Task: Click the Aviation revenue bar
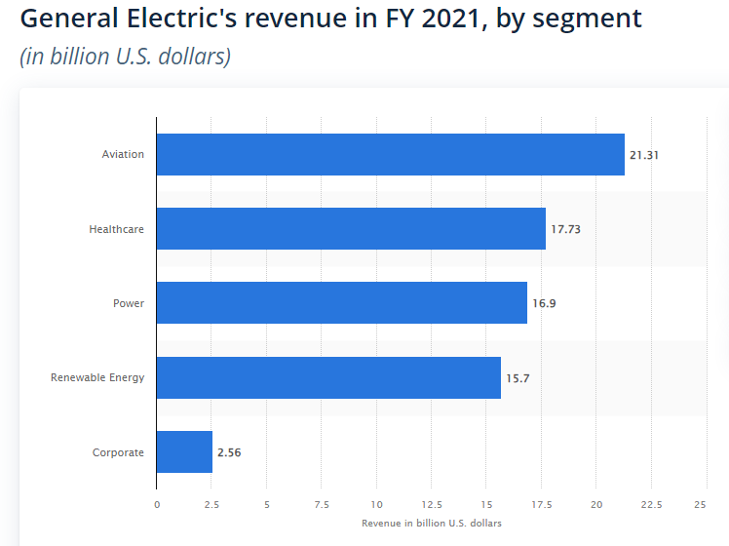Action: (390, 154)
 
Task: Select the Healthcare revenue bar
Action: (351, 229)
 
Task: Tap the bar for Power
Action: (341, 303)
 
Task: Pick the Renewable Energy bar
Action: (328, 377)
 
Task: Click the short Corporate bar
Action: (184, 451)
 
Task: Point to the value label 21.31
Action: (645, 155)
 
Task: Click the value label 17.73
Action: (566, 229)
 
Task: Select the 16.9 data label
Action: (544, 303)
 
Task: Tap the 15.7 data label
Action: (518, 377)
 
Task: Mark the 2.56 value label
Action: (228, 452)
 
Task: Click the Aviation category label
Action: (123, 155)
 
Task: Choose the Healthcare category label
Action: (116, 229)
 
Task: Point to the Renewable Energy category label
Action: (97, 377)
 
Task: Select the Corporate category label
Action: (118, 452)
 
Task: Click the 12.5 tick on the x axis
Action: (432, 504)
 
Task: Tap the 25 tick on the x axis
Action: (700, 504)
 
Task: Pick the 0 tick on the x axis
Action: (157, 504)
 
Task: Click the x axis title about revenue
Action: (432, 524)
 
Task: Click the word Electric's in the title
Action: (179, 19)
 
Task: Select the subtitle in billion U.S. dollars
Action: (125, 57)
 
